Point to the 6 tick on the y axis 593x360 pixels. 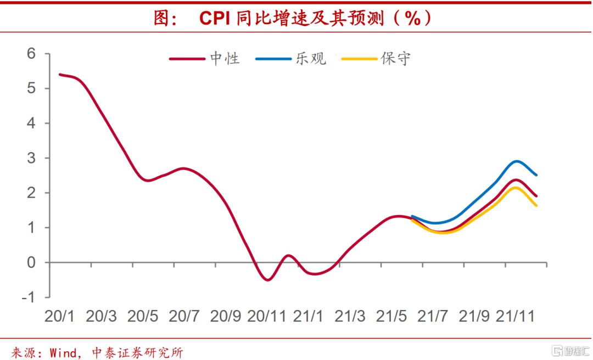31,54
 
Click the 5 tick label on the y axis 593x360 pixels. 31,88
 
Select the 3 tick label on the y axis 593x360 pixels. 31,158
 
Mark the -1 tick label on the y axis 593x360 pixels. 29,297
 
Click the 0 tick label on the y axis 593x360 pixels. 31,262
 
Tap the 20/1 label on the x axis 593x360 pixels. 59,317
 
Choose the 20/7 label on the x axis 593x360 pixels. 183,317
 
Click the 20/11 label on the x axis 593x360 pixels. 267,317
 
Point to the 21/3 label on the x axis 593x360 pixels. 350,317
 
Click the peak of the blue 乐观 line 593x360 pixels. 517,161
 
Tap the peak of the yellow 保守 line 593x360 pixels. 515,188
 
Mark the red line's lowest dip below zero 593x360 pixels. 268,280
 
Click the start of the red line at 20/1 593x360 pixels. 60,75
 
